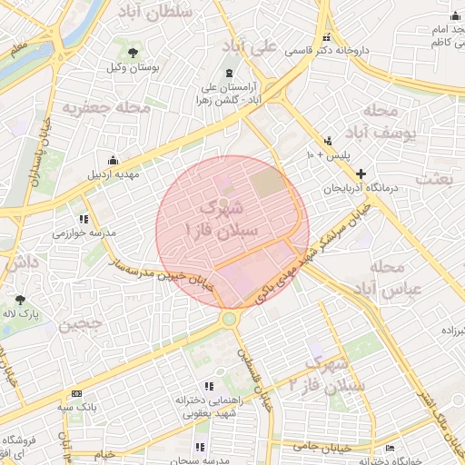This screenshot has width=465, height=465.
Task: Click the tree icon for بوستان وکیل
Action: click(x=134, y=52)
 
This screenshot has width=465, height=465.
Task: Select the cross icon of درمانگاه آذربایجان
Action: click(x=361, y=173)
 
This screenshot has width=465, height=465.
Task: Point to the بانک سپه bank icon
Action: click(x=76, y=393)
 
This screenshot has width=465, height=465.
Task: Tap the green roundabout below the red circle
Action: click(x=229, y=319)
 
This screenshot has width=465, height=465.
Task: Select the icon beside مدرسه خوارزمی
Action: click(x=84, y=219)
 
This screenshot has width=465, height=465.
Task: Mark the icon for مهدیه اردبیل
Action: click(x=113, y=160)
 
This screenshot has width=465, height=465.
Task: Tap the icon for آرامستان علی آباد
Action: click(x=228, y=73)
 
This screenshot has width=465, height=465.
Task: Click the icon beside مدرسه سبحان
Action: click(x=200, y=446)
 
